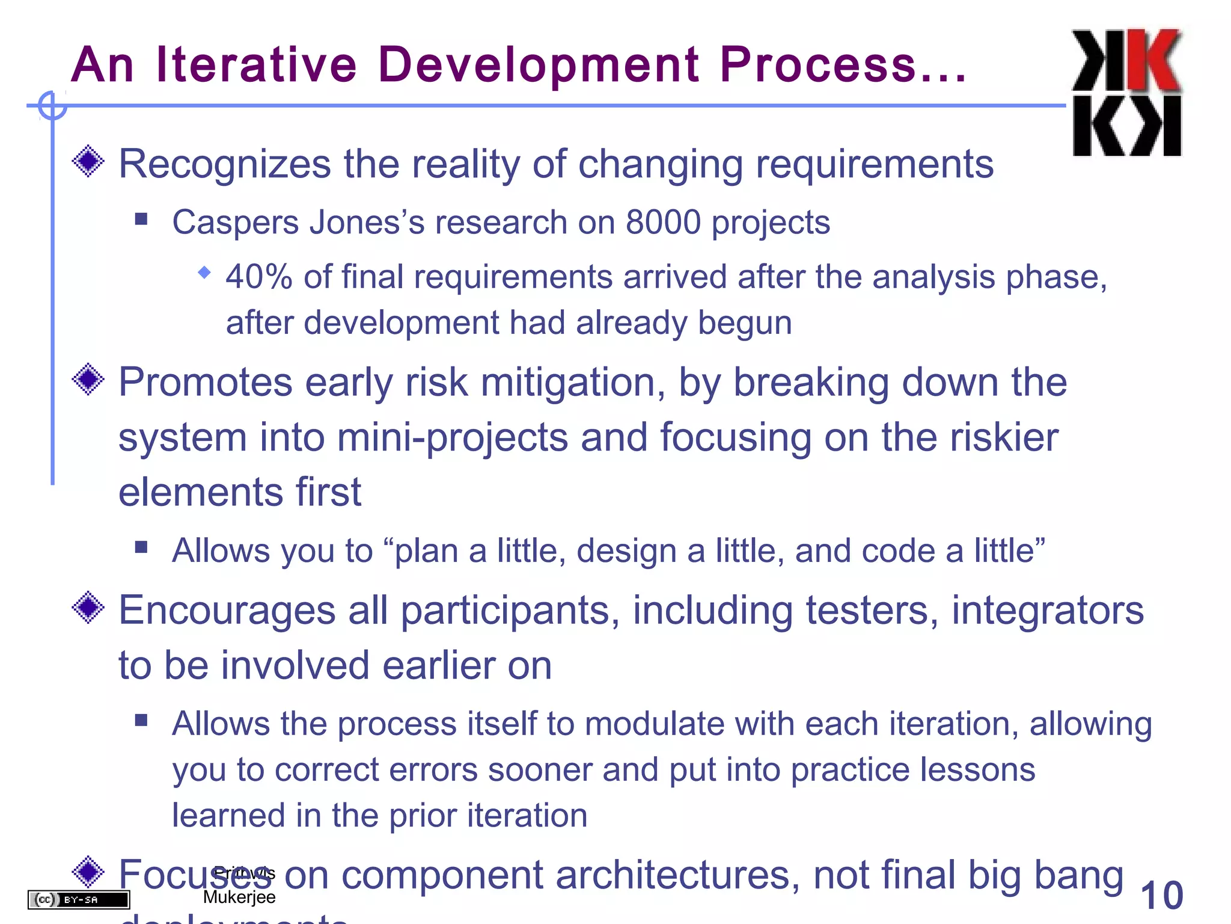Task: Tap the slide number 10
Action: pyautogui.click(x=1161, y=896)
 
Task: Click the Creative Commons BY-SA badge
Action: pyautogui.click(x=79, y=899)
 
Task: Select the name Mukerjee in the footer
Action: pyautogui.click(x=239, y=897)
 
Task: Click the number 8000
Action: pyautogui.click(x=663, y=222)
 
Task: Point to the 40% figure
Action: pyautogui.click(x=259, y=277)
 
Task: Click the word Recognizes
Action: pyautogui.click(x=225, y=164)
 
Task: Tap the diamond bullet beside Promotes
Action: pyautogui.click(x=88, y=379)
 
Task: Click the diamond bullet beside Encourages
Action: pyautogui.click(x=88, y=608)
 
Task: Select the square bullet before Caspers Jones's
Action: pyautogui.click(x=141, y=218)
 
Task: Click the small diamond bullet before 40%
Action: pyautogui.click(x=204, y=273)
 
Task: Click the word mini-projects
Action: pyautogui.click(x=453, y=437)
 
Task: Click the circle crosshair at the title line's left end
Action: pyautogui.click(x=52, y=106)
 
